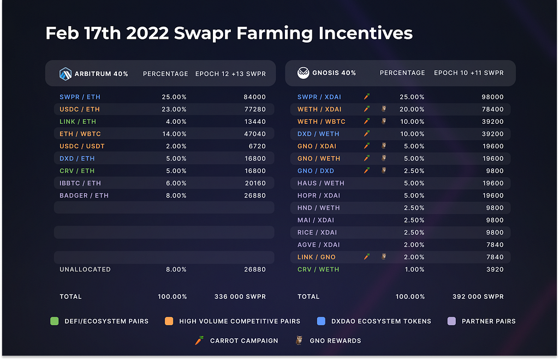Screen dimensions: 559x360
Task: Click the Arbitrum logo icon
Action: [x=66, y=74]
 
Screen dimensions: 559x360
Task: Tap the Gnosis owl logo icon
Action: [x=304, y=73]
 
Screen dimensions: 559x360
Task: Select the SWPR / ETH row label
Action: [x=80, y=97]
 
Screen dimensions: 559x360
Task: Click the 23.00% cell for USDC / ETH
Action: [x=174, y=109]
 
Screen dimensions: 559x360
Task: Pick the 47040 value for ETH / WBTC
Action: [x=255, y=134]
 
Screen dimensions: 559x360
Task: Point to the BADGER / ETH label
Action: [x=84, y=195]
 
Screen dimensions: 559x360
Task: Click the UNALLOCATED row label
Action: [x=85, y=269]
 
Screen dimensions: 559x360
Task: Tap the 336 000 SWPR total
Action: [x=240, y=297]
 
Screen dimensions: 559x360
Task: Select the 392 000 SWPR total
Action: [x=478, y=297]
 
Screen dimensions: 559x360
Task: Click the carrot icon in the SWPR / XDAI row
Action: [x=366, y=97]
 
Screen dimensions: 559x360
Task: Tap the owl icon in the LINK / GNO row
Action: [x=384, y=256]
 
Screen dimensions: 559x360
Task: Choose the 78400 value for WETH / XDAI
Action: [x=493, y=109]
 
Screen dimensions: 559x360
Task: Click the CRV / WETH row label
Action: [x=318, y=269]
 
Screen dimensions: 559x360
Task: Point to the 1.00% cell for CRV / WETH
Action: [x=415, y=269]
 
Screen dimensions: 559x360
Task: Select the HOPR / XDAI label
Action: [x=319, y=195]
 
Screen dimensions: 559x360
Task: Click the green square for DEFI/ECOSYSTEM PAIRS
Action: [x=55, y=321]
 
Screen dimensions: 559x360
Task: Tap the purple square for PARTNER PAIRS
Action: [x=451, y=321]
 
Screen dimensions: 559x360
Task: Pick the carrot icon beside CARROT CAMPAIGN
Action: [x=199, y=340]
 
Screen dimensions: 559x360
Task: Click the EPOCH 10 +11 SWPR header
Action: [x=469, y=73]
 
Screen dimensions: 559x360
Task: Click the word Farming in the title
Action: [x=275, y=34]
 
